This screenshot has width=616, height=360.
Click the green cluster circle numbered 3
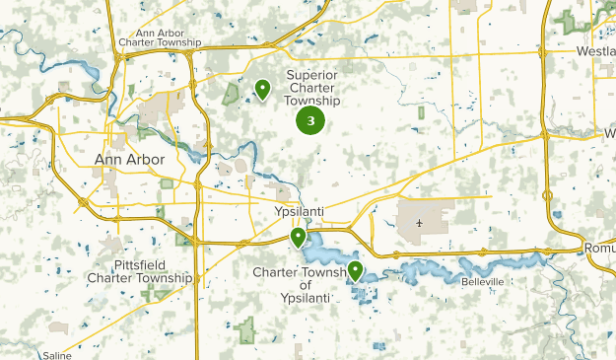(x=310, y=121)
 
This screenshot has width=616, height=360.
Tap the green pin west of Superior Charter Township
(x=263, y=90)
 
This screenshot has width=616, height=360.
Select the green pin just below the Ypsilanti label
(x=298, y=238)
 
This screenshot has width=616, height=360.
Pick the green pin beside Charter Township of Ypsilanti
(x=355, y=270)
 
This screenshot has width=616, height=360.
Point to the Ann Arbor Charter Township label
(x=159, y=37)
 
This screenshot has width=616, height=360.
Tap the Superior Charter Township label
(x=312, y=87)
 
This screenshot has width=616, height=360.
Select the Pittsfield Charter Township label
(x=139, y=271)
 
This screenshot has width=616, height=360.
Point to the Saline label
(x=55, y=355)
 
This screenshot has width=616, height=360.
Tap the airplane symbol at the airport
(x=420, y=222)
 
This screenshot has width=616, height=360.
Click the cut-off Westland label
(x=596, y=50)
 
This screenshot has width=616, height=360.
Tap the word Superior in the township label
(x=311, y=74)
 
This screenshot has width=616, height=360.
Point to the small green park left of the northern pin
(x=231, y=95)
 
